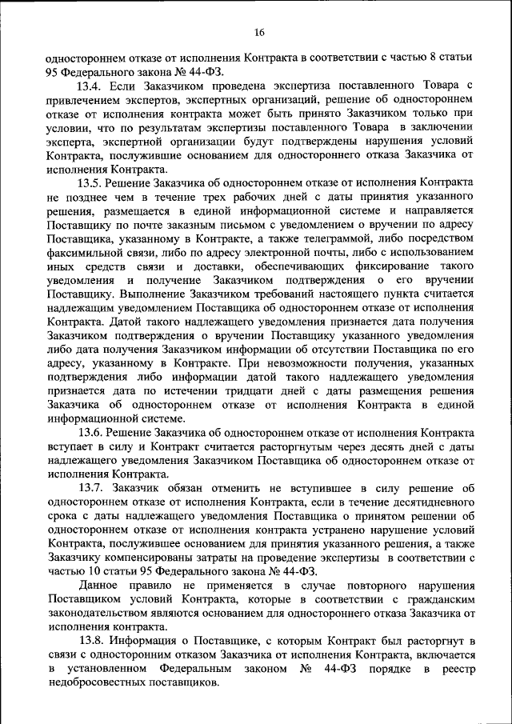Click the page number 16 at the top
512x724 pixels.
(258, 33)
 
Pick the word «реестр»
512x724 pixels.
(446, 670)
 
